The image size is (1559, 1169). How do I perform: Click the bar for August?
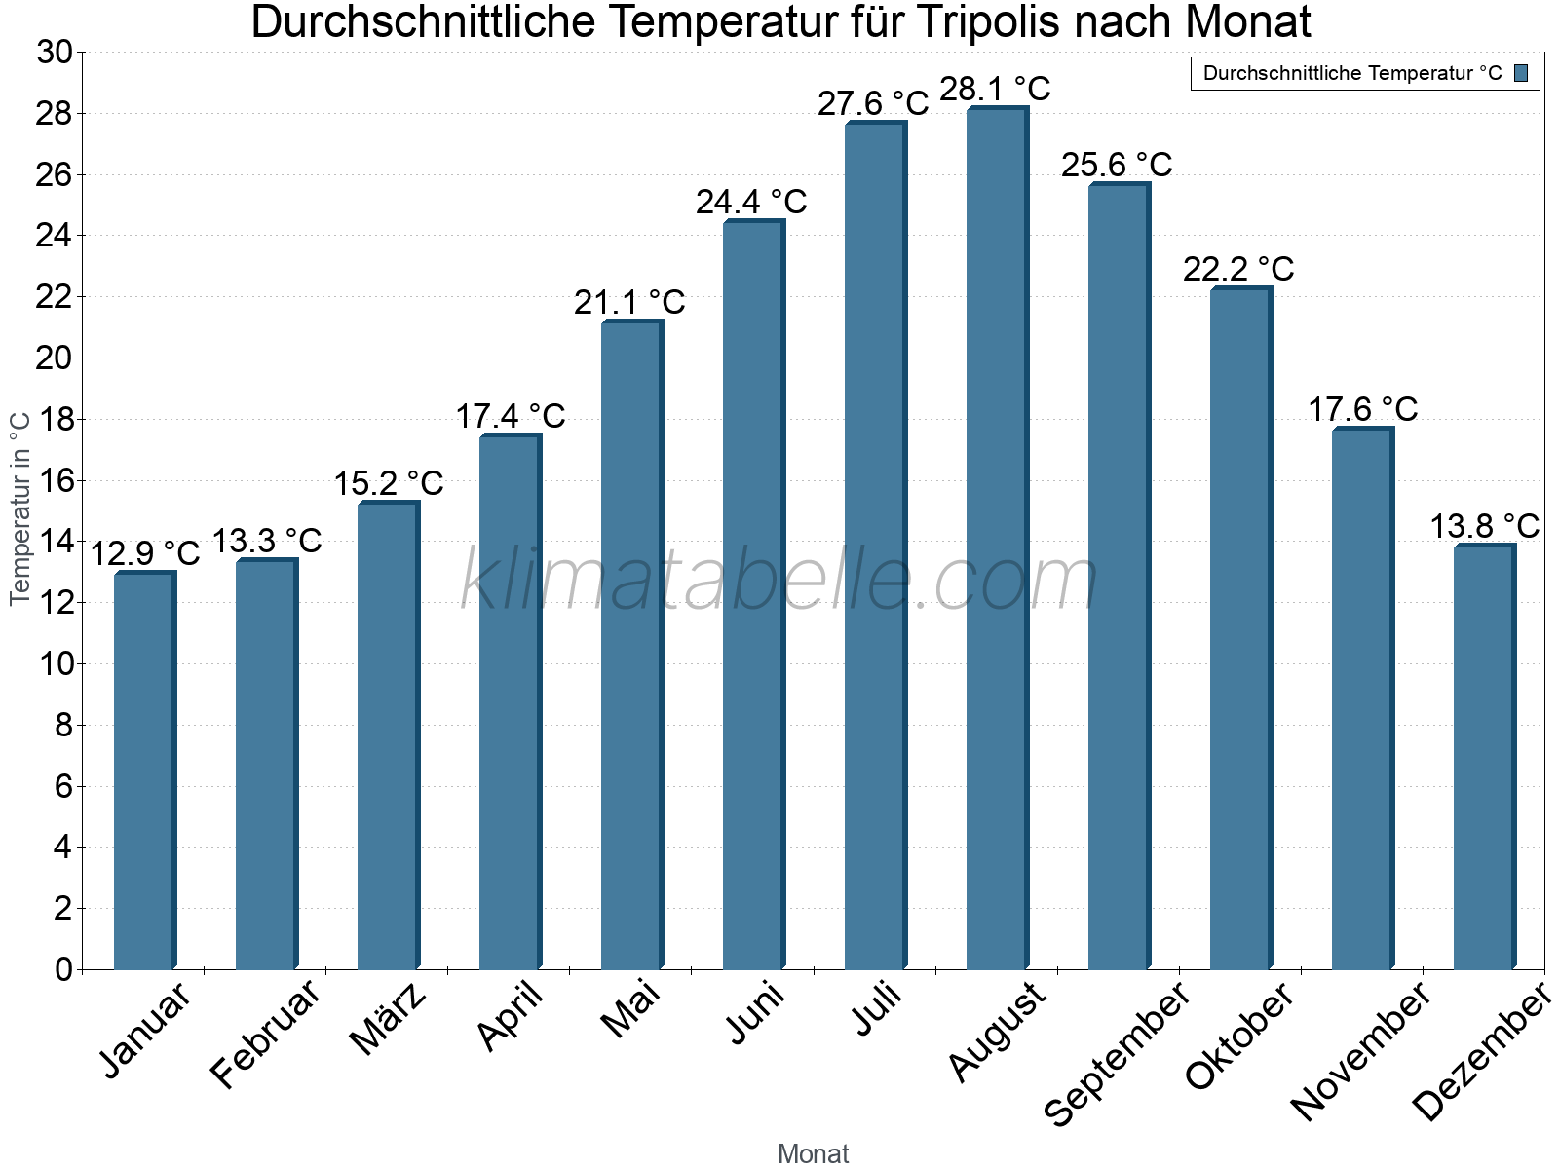point(997,538)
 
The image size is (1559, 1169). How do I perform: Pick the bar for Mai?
point(631,645)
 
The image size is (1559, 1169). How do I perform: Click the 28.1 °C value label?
point(995,89)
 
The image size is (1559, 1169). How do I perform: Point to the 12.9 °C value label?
point(145,553)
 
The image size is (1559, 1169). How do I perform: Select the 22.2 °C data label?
point(1238,269)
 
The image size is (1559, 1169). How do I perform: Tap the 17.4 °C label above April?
point(511,416)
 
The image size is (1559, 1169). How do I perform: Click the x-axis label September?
point(1118,1052)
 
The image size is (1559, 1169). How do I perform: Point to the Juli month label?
point(877,1009)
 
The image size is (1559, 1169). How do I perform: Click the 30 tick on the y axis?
point(55,53)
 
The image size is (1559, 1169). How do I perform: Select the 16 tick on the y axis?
point(55,480)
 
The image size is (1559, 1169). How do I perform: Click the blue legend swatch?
point(1521,73)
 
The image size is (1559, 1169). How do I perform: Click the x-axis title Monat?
point(814,1153)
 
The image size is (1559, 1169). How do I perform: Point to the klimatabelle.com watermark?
point(779,580)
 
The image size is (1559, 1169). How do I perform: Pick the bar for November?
point(1362,698)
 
